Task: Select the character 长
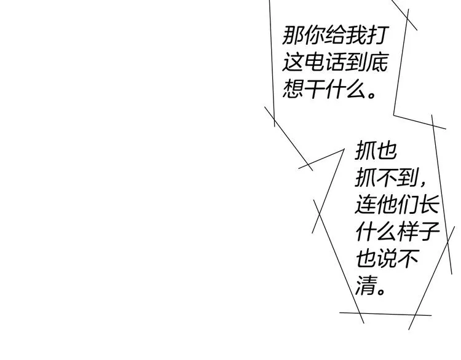click(429, 204)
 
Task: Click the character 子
click(429, 231)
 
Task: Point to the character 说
click(387, 258)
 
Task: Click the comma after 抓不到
click(423, 184)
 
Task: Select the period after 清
click(381, 291)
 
